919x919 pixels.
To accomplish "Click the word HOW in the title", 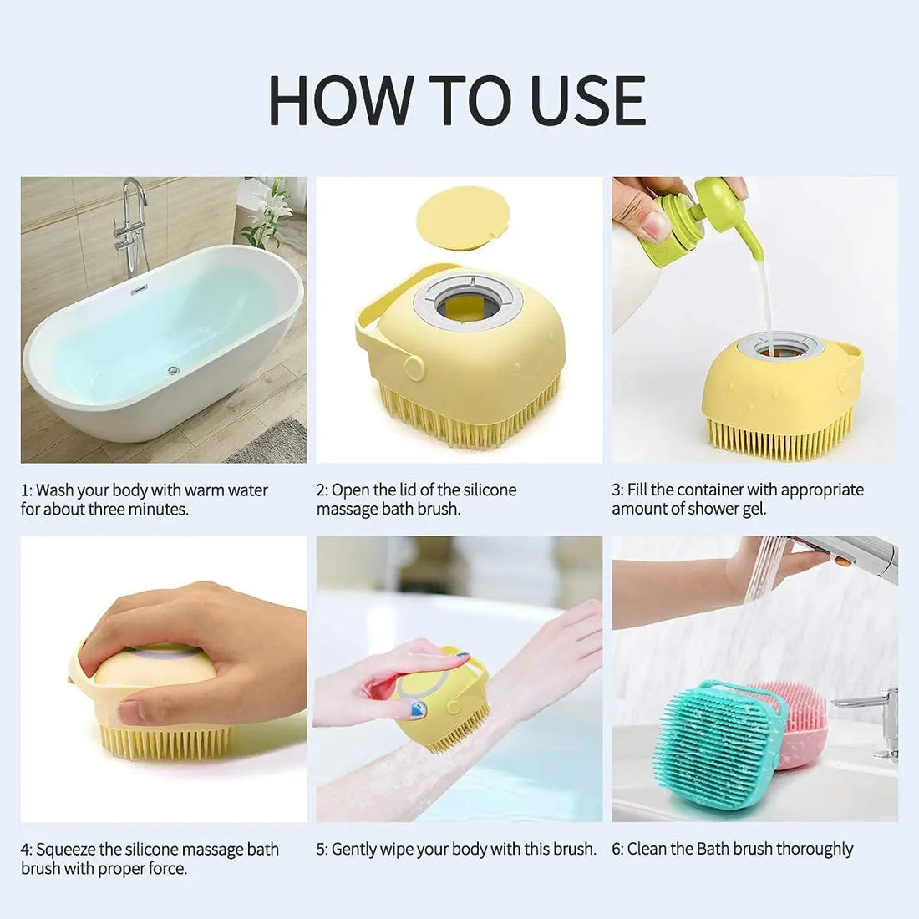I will click(338, 101).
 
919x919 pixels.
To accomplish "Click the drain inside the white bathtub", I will click(173, 369).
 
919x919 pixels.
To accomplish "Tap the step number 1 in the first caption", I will click(25, 490).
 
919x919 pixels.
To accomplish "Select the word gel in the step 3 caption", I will click(754, 509).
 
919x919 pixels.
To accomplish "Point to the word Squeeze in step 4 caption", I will click(66, 850).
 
